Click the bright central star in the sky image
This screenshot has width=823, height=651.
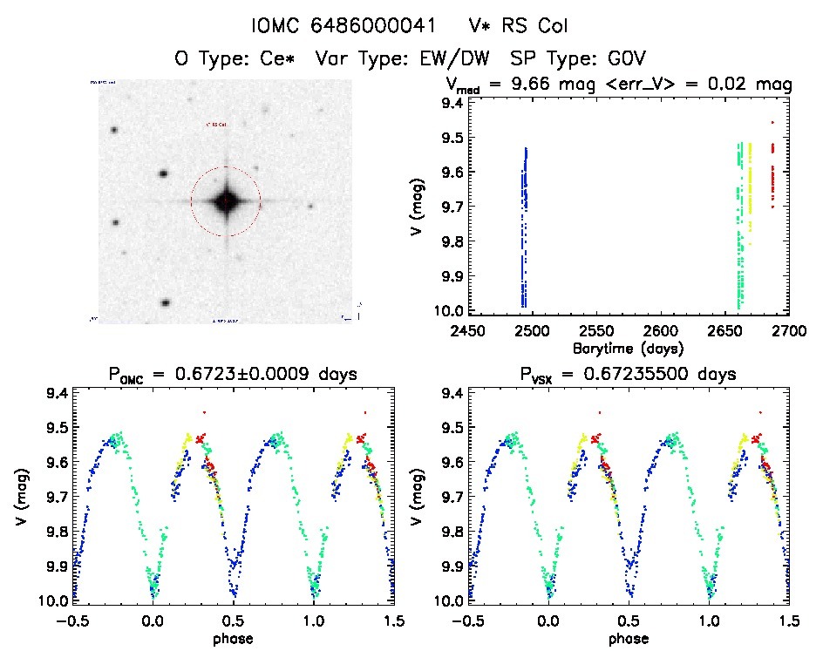(225, 201)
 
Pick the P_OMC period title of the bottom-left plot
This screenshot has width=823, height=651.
(231, 375)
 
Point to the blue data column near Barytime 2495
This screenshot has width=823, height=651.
(524, 227)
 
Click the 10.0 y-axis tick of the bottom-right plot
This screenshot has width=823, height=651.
(450, 601)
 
